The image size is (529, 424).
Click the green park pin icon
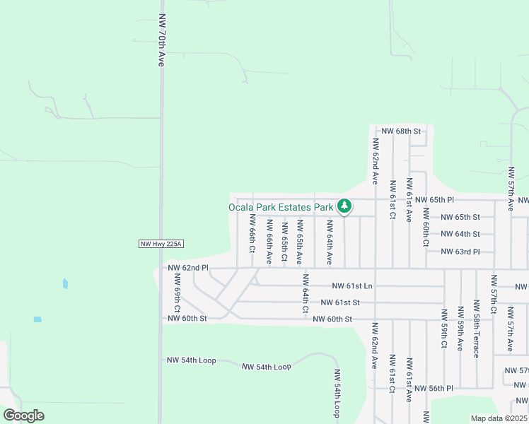pyautogui.click(x=344, y=206)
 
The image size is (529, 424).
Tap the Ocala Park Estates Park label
pyautogui.click(x=281, y=207)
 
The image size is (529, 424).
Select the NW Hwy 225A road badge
pyautogui.click(x=161, y=245)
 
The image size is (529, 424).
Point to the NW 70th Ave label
pyautogui.click(x=162, y=49)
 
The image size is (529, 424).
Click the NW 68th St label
pyautogui.click(x=401, y=131)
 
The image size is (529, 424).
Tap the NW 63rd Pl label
pyautogui.click(x=460, y=252)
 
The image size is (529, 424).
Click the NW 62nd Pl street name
pyautogui.click(x=188, y=268)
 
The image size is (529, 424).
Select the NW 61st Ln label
pyautogui.click(x=351, y=285)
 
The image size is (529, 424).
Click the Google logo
pyautogui.click(x=23, y=416)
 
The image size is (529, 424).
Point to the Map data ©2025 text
pyautogui.click(x=499, y=418)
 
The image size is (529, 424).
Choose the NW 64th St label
pyautogui.click(x=460, y=234)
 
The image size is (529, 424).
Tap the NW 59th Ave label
pyautogui.click(x=460, y=329)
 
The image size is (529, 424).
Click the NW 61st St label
pyautogui.click(x=340, y=302)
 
